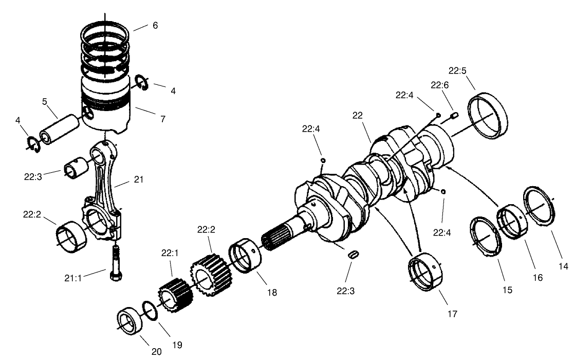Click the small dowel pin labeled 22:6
[454, 116]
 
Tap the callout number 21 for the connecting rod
[138, 180]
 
